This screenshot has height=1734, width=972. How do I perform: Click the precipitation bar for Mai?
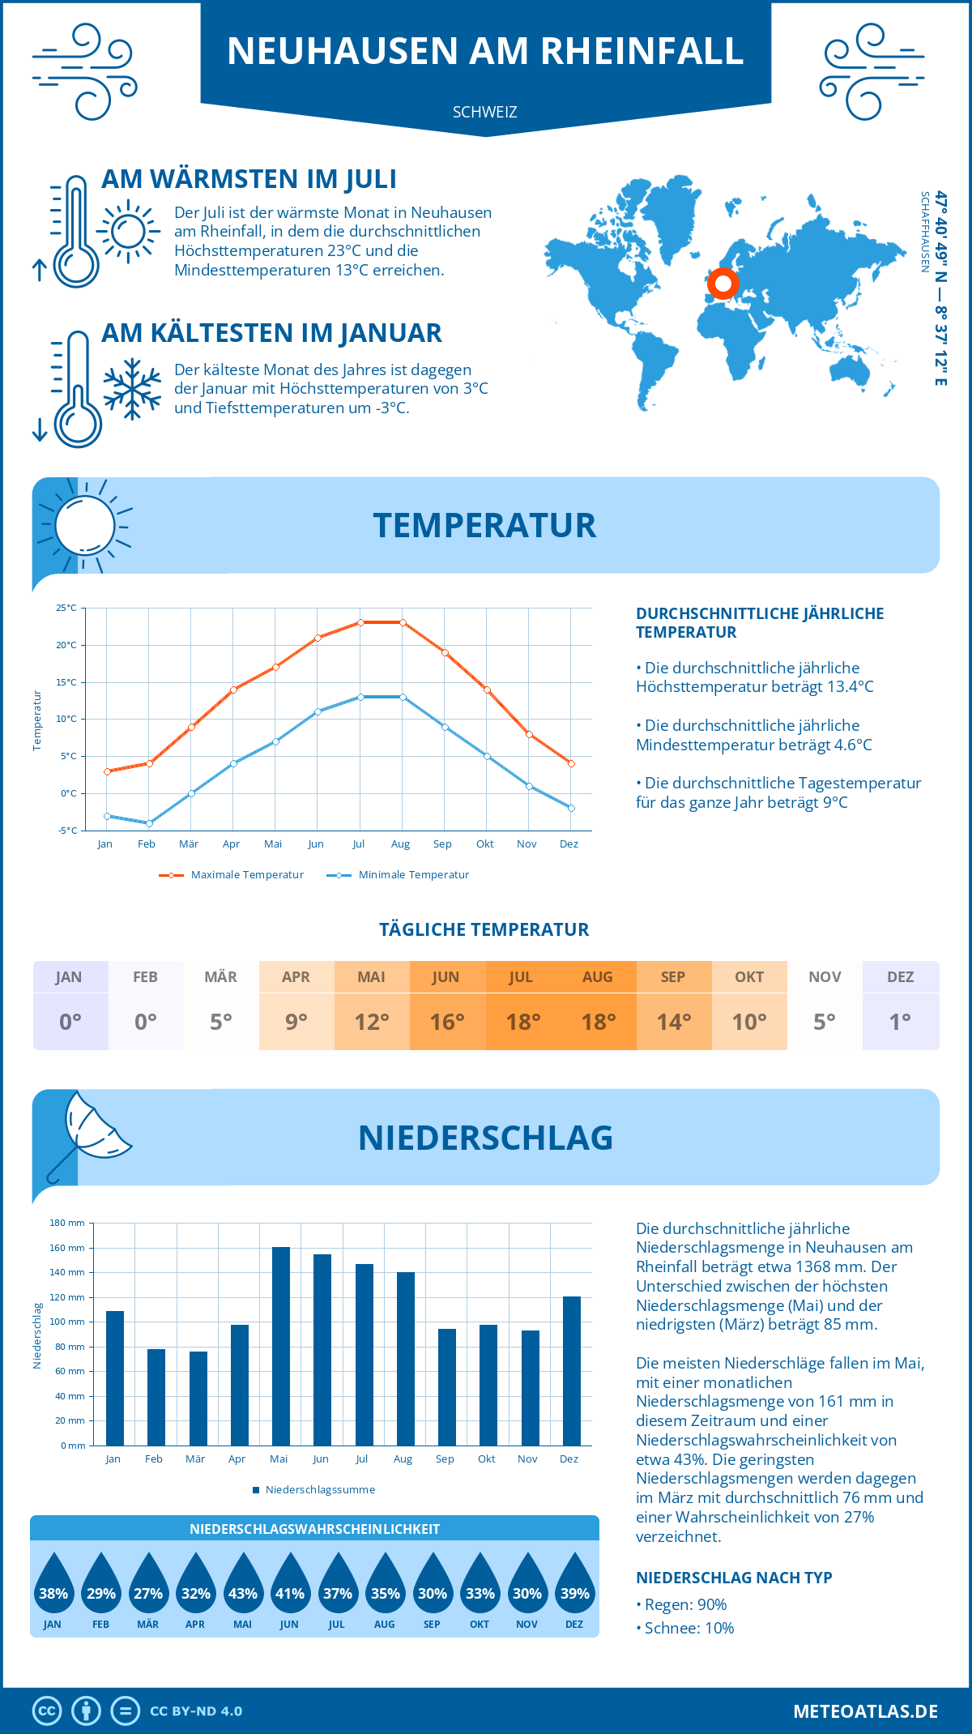tap(280, 1346)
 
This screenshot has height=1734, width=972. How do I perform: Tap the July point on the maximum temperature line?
tap(360, 622)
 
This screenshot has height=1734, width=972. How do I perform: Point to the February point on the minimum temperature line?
tap(149, 823)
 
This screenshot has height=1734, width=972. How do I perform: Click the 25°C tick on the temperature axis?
tap(66, 608)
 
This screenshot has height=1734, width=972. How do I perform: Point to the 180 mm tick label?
tap(67, 1223)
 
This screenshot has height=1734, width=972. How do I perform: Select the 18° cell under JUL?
tap(523, 1022)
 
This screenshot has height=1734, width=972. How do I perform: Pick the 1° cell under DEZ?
tap(900, 1022)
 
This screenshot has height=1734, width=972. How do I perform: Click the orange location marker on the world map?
tap(723, 284)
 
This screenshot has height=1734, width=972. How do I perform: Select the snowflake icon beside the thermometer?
tap(132, 389)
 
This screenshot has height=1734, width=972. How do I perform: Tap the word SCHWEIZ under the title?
tap(485, 112)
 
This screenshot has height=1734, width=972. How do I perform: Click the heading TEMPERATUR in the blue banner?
tap(484, 525)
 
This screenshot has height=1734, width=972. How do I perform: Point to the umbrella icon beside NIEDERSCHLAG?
tap(89, 1133)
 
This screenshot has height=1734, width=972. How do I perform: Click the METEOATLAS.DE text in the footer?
tap(865, 1711)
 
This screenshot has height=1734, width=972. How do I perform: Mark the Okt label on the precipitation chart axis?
tap(486, 1459)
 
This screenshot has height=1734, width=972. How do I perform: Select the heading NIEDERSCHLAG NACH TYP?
tap(734, 1578)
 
